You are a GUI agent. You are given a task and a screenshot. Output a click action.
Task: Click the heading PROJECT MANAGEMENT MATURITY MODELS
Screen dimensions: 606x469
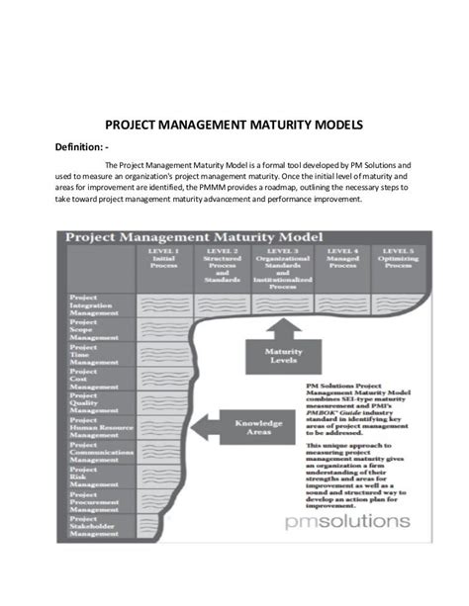pos(234,126)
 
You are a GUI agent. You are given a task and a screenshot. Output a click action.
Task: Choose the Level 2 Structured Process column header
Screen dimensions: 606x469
pos(222,265)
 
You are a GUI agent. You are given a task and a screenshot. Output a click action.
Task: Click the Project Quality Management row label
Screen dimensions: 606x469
pos(95,404)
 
